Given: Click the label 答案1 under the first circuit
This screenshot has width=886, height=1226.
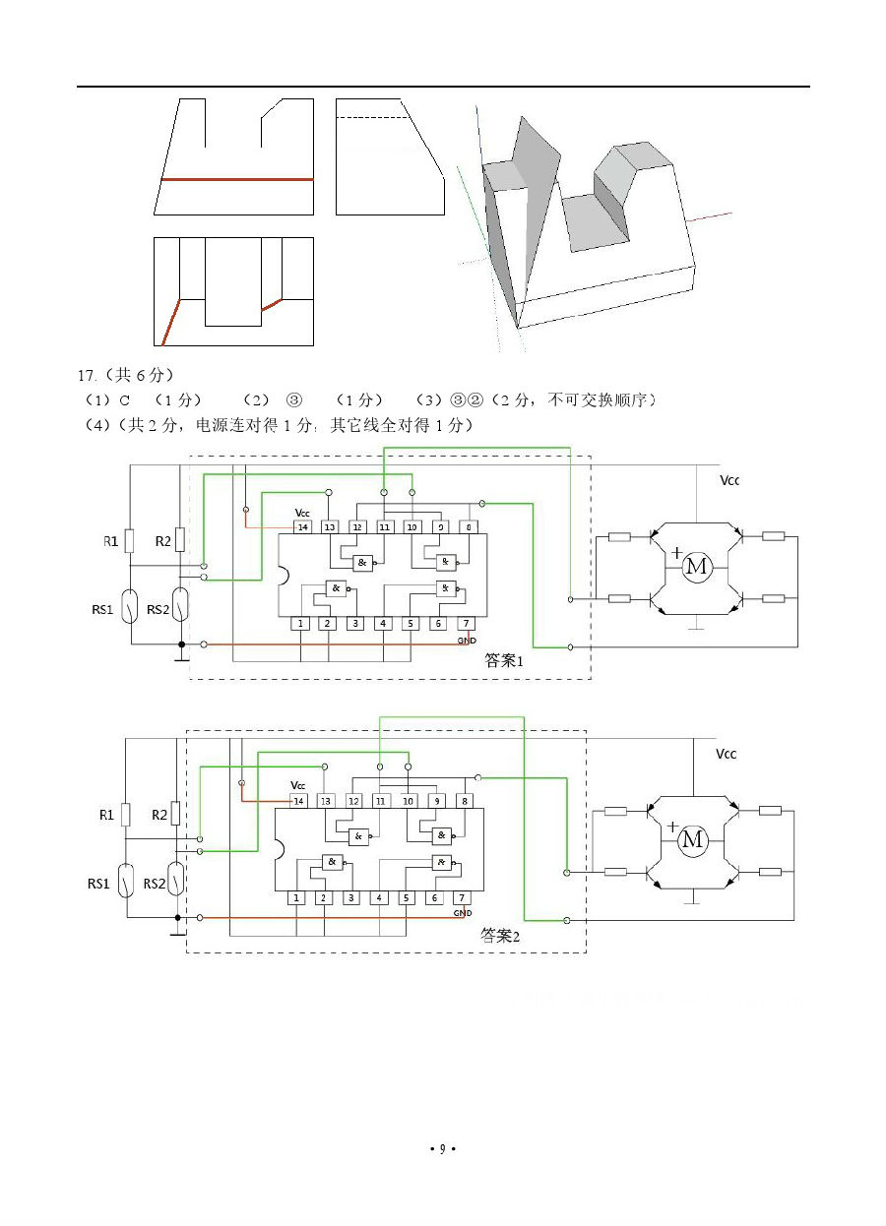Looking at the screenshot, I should (x=503, y=661).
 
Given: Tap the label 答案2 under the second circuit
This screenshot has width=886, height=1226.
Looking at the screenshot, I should (x=499, y=935).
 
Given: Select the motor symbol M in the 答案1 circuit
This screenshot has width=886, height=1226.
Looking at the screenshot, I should (x=696, y=567).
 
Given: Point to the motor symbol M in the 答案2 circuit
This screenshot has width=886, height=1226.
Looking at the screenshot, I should (x=692, y=839).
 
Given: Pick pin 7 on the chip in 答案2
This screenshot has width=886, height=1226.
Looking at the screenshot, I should (x=460, y=897).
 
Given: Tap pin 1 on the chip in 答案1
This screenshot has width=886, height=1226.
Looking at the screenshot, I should (x=301, y=624).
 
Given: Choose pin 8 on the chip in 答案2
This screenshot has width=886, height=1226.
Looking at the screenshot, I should (x=464, y=801).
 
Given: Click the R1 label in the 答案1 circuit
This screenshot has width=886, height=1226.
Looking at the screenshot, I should (x=111, y=541).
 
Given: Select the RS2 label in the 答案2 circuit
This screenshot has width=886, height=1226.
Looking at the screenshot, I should (x=155, y=884).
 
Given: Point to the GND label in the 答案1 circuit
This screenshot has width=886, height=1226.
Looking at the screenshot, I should (x=467, y=640).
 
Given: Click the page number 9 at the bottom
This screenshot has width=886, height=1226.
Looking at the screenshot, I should (x=442, y=1148).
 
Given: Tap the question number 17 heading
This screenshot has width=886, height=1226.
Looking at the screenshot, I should (x=89, y=375).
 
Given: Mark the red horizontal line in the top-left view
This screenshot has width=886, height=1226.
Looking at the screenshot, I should (x=236, y=180).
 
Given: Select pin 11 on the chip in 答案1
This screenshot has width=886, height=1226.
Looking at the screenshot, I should (x=384, y=527).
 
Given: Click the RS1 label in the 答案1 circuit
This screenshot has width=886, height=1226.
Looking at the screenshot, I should (x=103, y=610).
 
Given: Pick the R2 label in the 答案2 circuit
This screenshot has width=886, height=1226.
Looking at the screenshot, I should (x=159, y=815).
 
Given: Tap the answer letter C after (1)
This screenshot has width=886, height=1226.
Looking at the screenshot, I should (x=125, y=399).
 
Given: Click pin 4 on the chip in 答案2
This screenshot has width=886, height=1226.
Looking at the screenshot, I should (x=378, y=897).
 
